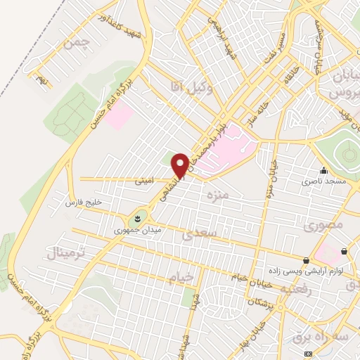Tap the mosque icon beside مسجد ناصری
[x=323, y=170]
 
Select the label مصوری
[x=325, y=225]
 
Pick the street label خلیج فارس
[x=84, y=203]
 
